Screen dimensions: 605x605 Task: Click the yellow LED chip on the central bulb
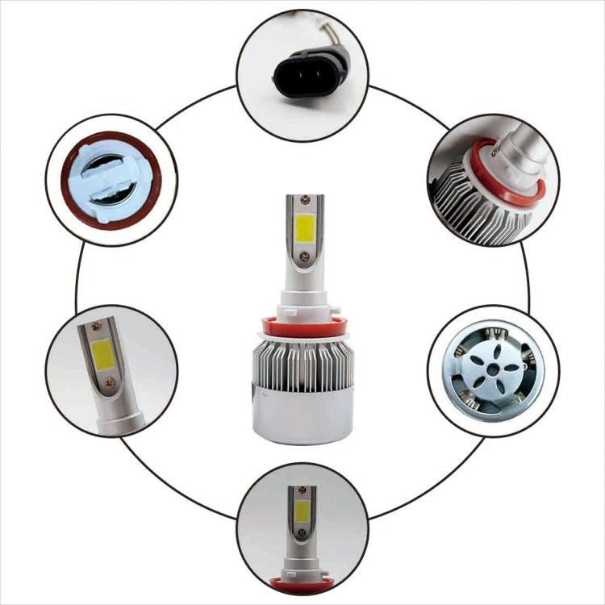(302, 228)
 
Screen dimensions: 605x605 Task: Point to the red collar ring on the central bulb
(302, 325)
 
